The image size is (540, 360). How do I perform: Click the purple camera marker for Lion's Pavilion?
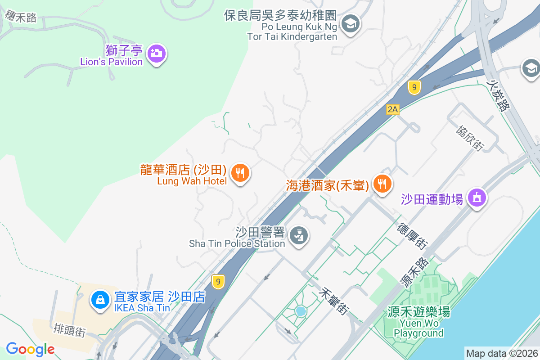pos(156,54)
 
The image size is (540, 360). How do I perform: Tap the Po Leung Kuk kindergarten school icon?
pos(350,23)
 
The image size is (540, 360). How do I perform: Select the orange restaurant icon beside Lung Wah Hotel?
pos(240,172)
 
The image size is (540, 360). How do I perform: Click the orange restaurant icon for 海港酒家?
pos(382,183)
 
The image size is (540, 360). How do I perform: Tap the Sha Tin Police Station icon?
pos(297,234)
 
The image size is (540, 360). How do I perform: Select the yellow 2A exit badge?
pos(392,109)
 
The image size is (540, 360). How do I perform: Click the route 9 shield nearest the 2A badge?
pos(414,87)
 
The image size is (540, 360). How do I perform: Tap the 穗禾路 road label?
pos(21,17)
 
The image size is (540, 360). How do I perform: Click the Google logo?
pos(30,349)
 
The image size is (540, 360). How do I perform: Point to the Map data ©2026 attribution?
pos(501,354)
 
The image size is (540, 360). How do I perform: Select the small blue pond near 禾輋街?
pos(300,311)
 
